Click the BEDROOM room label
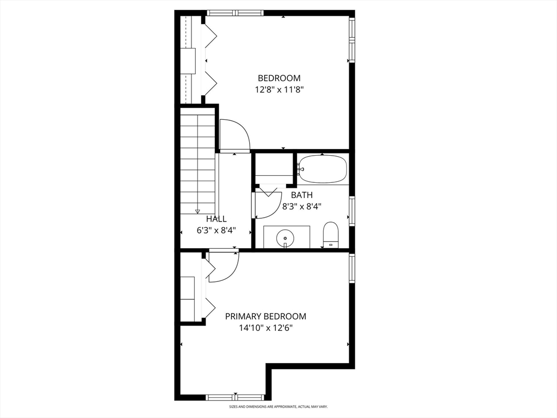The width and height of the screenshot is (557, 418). click(278, 78)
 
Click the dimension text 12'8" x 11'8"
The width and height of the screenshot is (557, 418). click(278, 90)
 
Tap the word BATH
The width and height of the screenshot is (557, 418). click(301, 195)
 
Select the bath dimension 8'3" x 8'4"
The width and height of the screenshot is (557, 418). click(301, 207)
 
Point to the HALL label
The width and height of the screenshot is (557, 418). click(216, 219)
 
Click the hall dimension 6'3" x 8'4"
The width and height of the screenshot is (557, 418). click(216, 230)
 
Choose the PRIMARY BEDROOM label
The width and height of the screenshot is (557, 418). click(265, 316)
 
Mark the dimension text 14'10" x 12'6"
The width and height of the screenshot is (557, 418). click(265, 328)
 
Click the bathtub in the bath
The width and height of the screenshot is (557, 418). click(323, 169)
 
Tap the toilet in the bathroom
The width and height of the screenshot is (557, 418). click(331, 234)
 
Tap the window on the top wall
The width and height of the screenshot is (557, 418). click(236, 13)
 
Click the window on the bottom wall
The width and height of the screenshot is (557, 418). click(235, 397)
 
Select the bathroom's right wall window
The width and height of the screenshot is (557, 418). click(351, 211)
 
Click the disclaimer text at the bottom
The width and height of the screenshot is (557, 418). click(278, 407)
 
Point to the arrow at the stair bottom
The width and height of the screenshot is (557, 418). click(197, 211)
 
